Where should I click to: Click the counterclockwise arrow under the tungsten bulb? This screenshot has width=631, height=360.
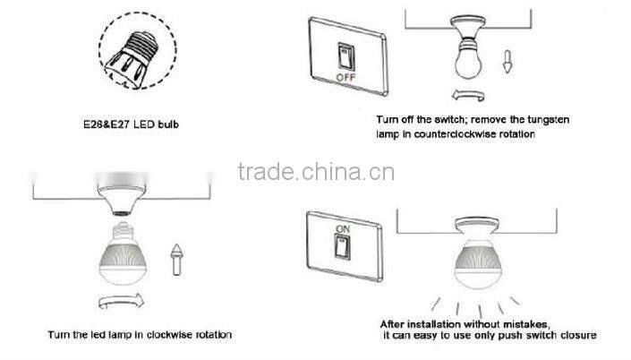[x=468, y=96]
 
